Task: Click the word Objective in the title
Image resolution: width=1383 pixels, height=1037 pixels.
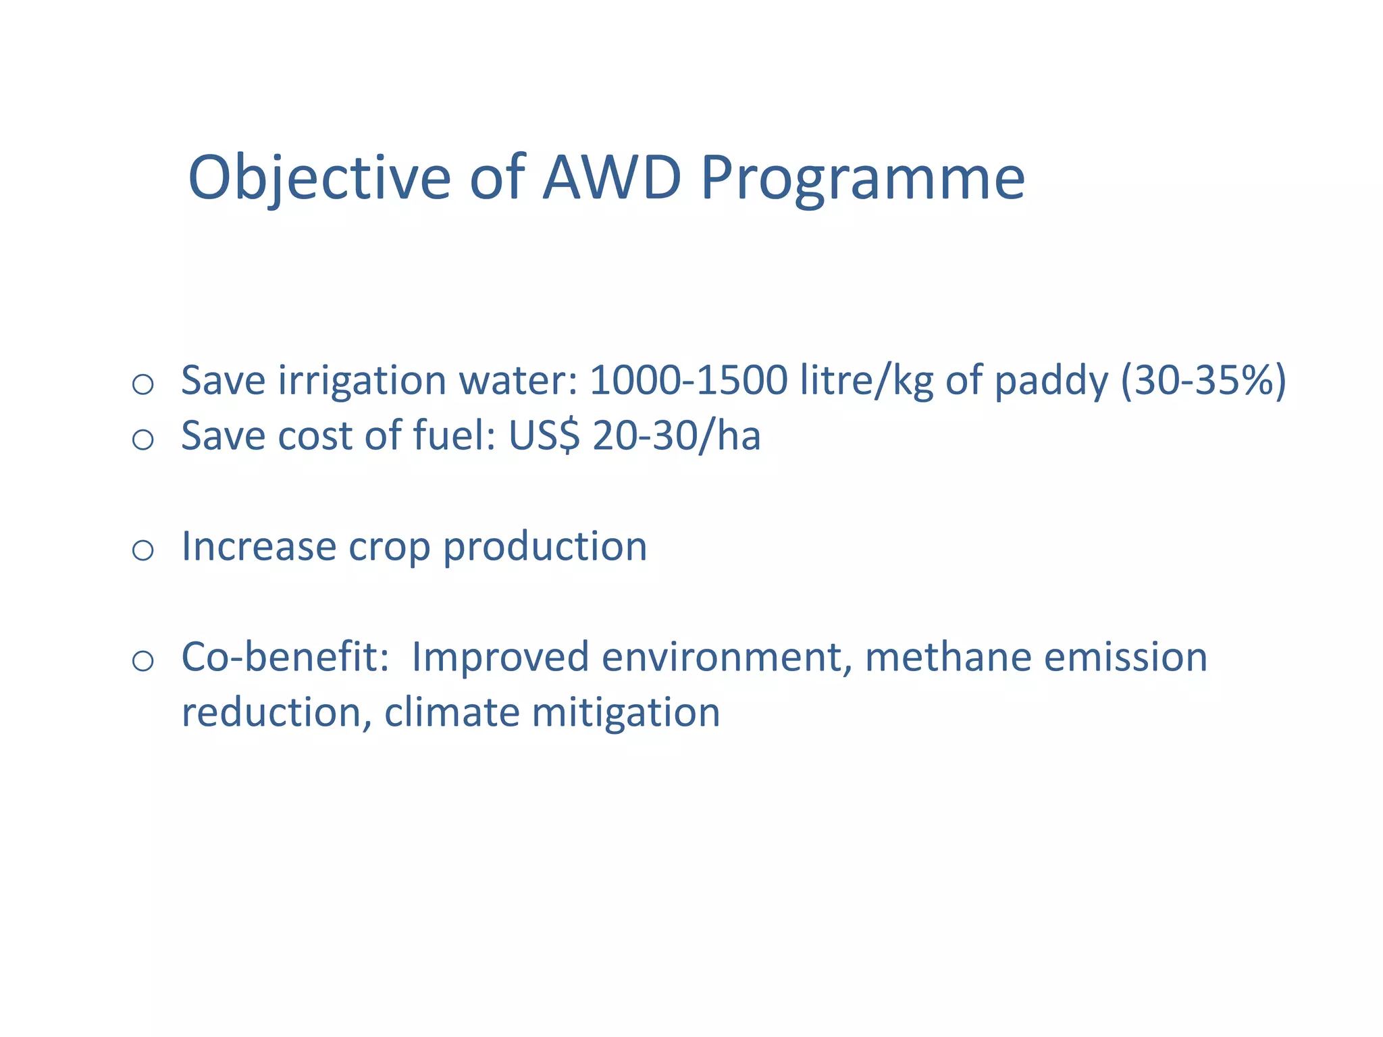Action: tap(319, 178)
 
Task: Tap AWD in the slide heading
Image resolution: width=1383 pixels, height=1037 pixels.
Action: tap(611, 178)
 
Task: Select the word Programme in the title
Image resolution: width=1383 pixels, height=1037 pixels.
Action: tap(862, 178)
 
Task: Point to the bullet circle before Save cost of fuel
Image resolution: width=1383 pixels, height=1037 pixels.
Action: tap(142, 440)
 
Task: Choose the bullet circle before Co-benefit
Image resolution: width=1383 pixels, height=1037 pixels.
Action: tap(142, 661)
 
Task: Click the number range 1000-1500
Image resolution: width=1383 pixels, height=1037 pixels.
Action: tap(688, 380)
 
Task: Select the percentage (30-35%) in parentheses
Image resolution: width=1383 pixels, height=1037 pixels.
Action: tap(1203, 380)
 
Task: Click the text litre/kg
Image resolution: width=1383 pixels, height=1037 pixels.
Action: tap(866, 380)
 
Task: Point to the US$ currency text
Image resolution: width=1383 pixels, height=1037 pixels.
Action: tap(544, 435)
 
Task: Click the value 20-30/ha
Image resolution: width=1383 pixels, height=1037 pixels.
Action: tap(676, 435)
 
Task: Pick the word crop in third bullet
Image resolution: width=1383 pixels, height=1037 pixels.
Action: tap(389, 547)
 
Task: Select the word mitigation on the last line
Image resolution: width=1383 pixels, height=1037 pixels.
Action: tap(625, 712)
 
